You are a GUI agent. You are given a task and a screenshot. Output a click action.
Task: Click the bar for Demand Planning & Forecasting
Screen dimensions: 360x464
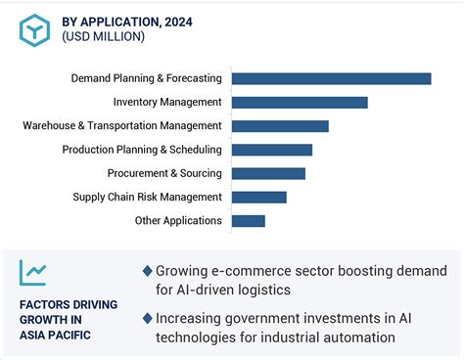(x=331, y=78)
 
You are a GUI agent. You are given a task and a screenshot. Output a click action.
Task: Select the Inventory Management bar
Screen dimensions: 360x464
(x=300, y=102)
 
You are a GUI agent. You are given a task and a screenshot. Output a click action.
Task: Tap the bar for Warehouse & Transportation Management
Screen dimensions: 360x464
(x=280, y=125)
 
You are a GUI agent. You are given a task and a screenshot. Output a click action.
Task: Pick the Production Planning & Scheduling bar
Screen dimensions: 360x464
(x=271, y=150)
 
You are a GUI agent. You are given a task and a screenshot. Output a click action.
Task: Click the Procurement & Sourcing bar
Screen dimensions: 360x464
(x=268, y=173)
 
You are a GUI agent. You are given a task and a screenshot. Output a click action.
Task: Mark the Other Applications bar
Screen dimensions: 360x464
(x=248, y=221)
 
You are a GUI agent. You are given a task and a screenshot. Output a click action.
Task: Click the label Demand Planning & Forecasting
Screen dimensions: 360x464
(x=147, y=78)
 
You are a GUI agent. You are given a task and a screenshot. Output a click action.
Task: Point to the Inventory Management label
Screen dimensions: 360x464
(x=167, y=102)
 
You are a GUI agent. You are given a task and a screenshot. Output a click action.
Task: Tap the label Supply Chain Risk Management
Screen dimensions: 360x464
(x=147, y=197)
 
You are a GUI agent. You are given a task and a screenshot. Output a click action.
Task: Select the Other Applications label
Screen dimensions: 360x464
(x=178, y=221)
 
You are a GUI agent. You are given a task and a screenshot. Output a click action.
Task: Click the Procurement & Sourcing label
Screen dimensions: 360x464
(x=164, y=173)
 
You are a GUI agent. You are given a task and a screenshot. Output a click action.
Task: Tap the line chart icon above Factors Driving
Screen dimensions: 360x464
(x=34, y=273)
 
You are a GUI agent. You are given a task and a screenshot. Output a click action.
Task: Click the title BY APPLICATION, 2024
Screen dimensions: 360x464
(x=127, y=20)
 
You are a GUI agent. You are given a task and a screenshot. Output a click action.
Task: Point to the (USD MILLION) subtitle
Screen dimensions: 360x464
(x=103, y=37)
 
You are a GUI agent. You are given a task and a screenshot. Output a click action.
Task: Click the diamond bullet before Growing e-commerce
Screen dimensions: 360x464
(x=147, y=271)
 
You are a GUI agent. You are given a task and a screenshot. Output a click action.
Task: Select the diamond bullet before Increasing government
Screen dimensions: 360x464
(x=147, y=318)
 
